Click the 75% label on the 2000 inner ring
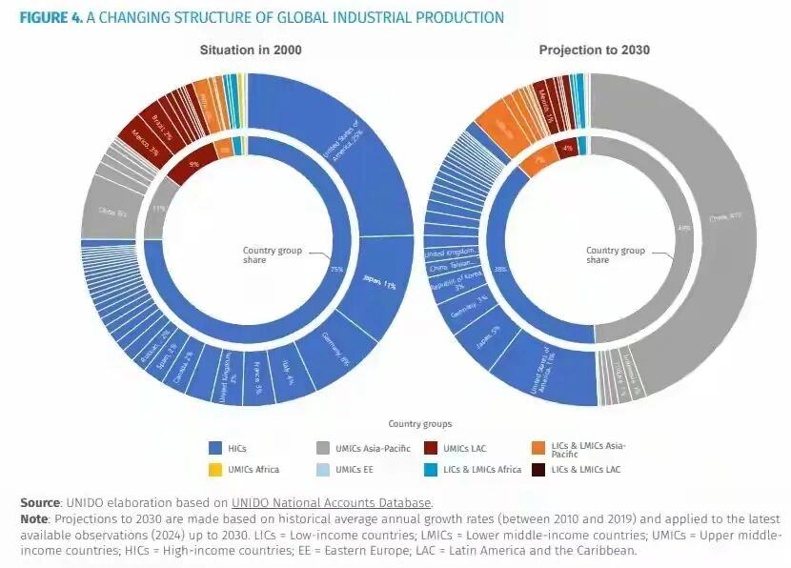(x=336, y=270)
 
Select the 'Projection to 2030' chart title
(x=594, y=50)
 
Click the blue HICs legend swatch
(x=216, y=447)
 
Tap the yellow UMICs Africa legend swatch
(x=216, y=469)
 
